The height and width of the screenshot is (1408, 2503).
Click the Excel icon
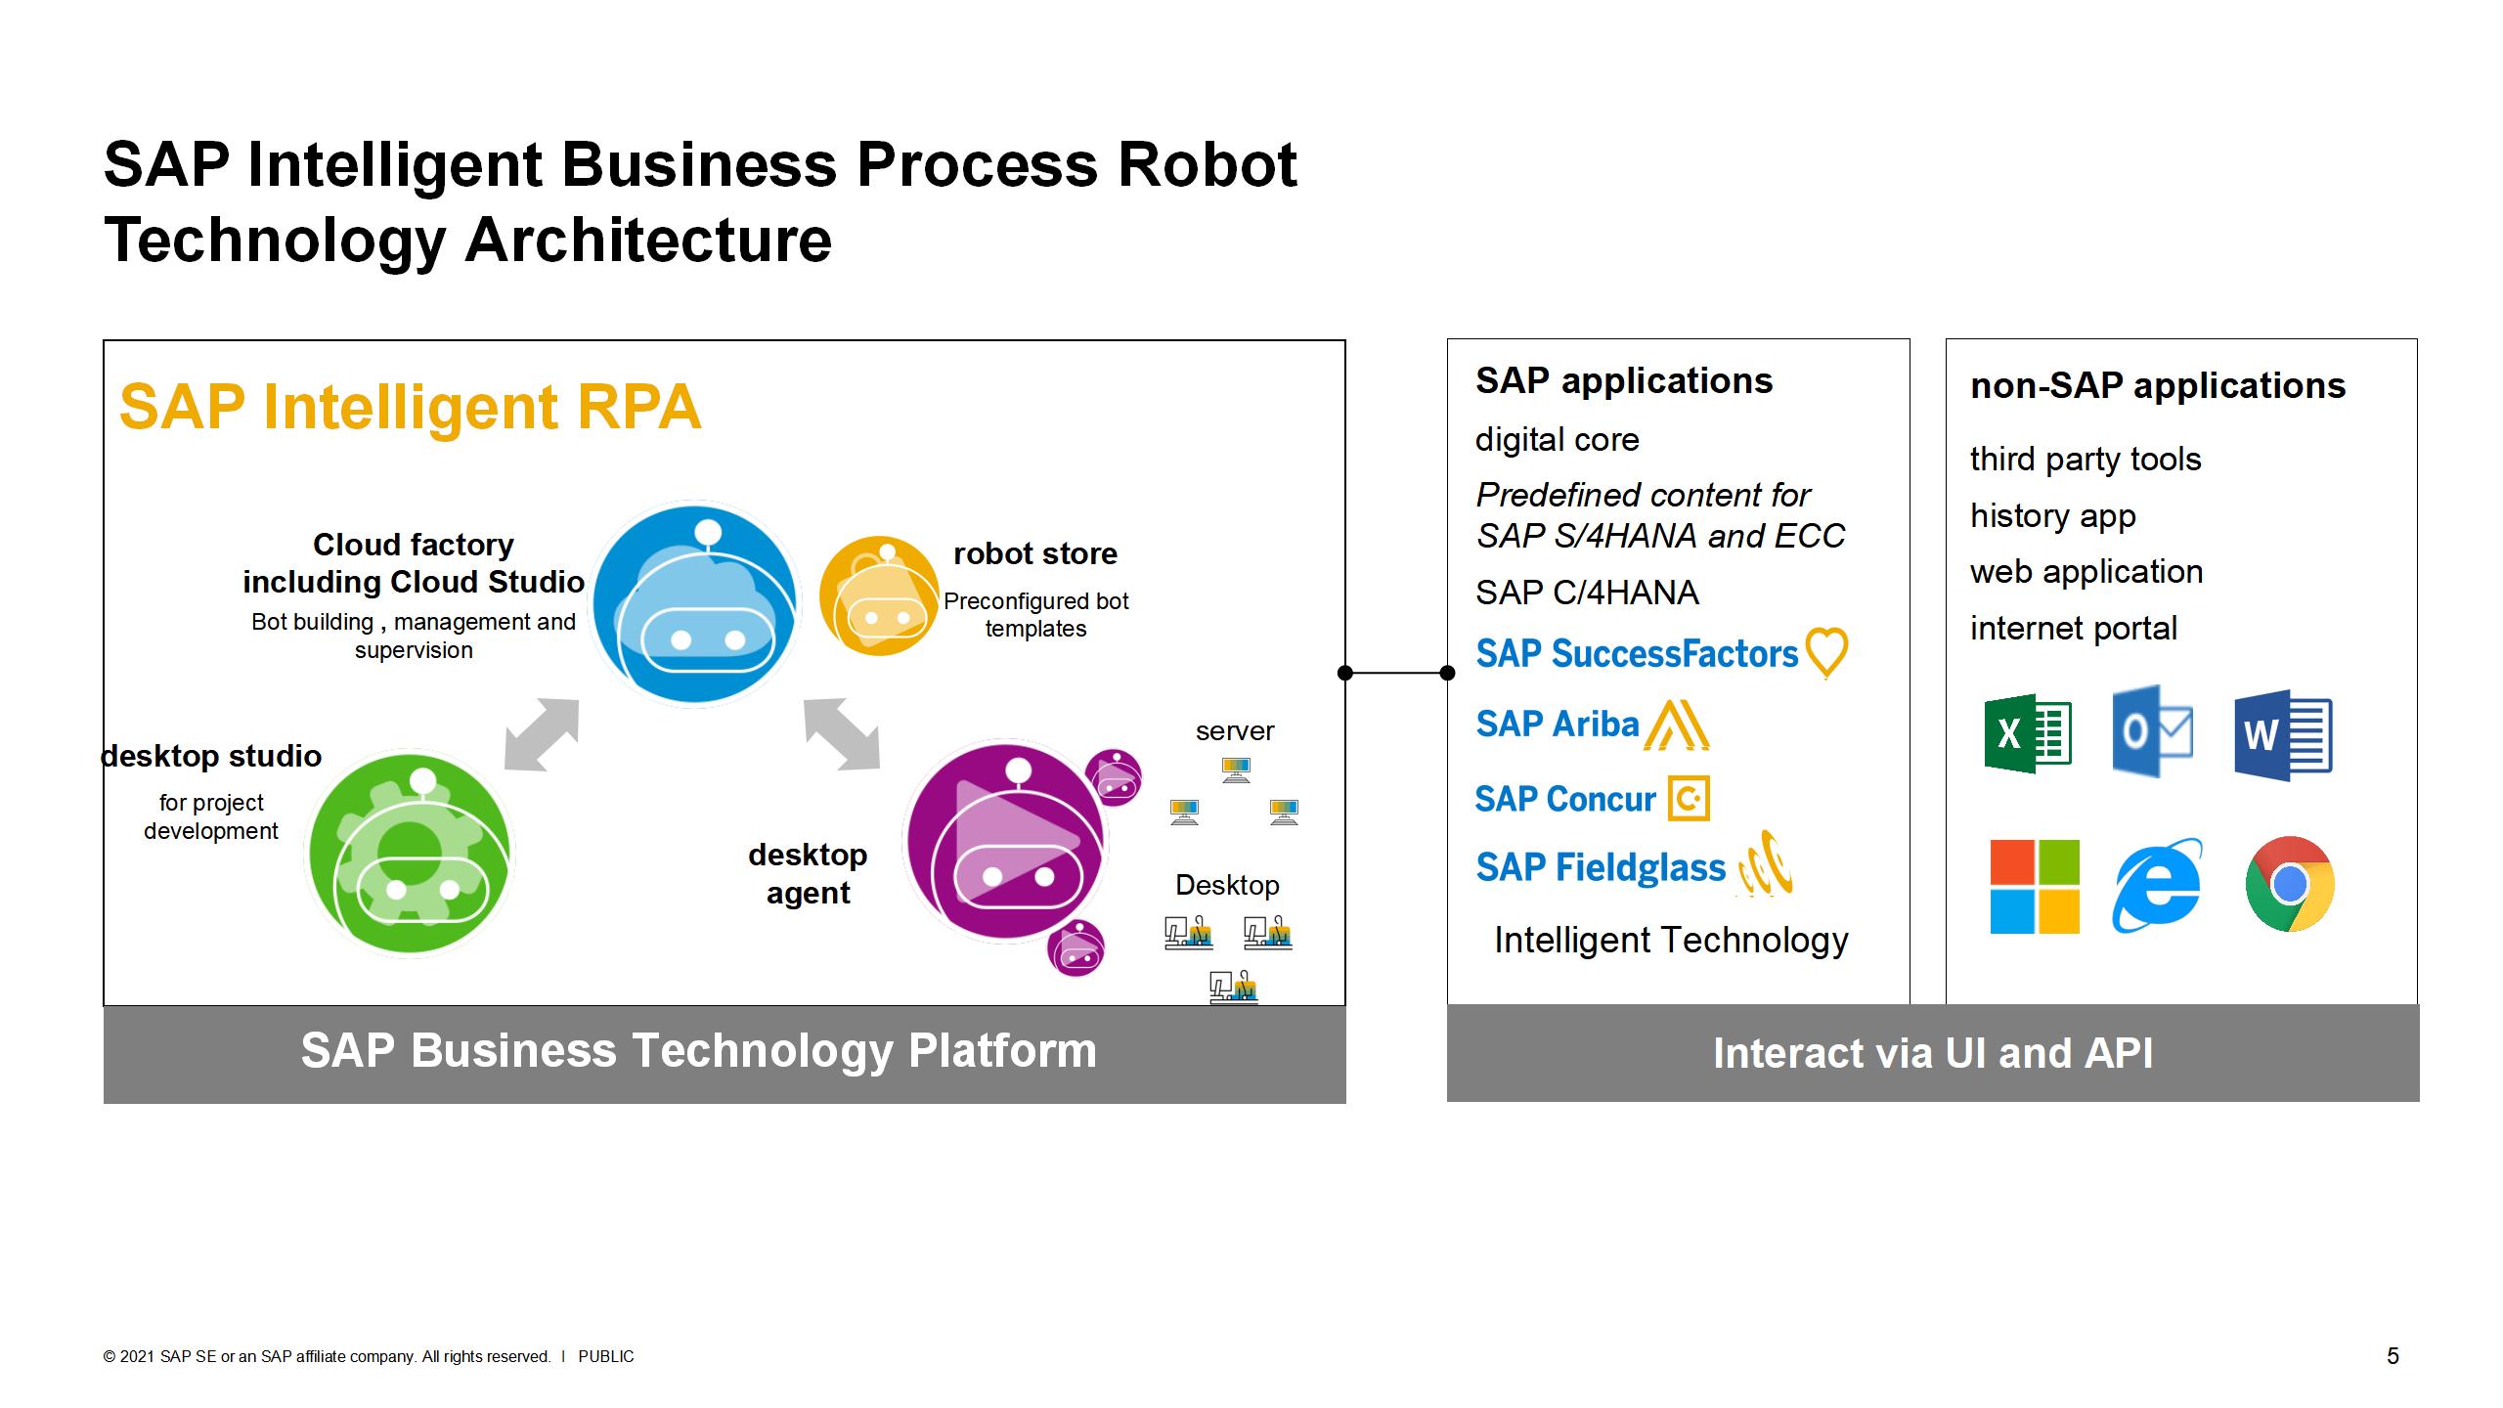click(2028, 733)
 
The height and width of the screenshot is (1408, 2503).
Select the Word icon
click(2283, 735)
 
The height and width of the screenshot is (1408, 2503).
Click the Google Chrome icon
click(2290, 884)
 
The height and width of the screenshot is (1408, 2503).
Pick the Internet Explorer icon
click(2157, 885)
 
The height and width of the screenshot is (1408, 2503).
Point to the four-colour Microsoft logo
click(2035, 886)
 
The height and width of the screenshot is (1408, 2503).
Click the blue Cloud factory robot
click(695, 602)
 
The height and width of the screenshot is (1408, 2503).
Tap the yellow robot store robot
click(878, 595)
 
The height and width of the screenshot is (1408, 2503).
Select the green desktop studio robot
click(410, 853)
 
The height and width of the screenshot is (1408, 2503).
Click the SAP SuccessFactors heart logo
click(1826, 652)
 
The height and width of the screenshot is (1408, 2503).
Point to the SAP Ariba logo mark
click(1676, 726)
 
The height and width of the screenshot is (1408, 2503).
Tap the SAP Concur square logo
click(1689, 799)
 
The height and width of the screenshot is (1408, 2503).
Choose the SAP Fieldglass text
click(1601, 868)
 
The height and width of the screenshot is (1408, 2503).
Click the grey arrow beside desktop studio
click(542, 734)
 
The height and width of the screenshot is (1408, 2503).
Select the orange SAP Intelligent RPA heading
click(411, 407)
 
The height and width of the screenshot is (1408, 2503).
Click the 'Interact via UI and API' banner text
click(1932, 1053)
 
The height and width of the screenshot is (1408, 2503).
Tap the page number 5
click(2393, 1356)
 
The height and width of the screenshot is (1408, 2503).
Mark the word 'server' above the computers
click(1235, 731)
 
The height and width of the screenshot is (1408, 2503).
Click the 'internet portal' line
click(2073, 628)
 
